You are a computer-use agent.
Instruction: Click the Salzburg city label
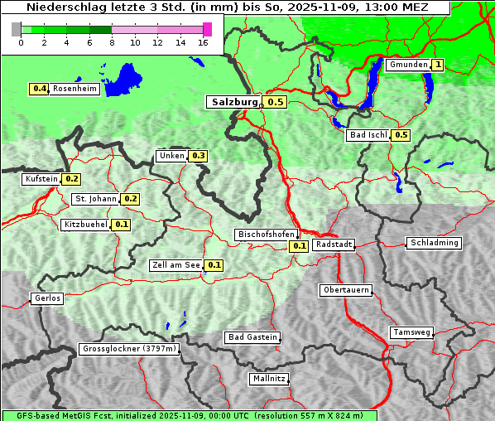(233, 102)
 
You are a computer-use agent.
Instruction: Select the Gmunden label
(408, 65)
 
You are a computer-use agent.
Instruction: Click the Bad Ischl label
(368, 135)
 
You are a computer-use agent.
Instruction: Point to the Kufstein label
(41, 179)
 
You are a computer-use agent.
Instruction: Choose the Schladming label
(434, 243)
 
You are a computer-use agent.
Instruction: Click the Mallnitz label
(269, 379)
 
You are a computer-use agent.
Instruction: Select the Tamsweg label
(412, 332)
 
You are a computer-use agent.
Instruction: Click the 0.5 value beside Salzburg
(276, 102)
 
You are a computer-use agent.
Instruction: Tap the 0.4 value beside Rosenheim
(38, 89)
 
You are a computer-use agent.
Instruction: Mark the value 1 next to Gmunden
(438, 65)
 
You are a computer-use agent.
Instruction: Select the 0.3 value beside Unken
(198, 156)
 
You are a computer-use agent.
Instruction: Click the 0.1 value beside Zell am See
(214, 265)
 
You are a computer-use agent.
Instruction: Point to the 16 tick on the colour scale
(203, 41)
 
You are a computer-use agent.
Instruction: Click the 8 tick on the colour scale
(112, 41)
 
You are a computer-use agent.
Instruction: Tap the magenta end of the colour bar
(208, 29)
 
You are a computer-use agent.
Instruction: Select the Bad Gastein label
(252, 337)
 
